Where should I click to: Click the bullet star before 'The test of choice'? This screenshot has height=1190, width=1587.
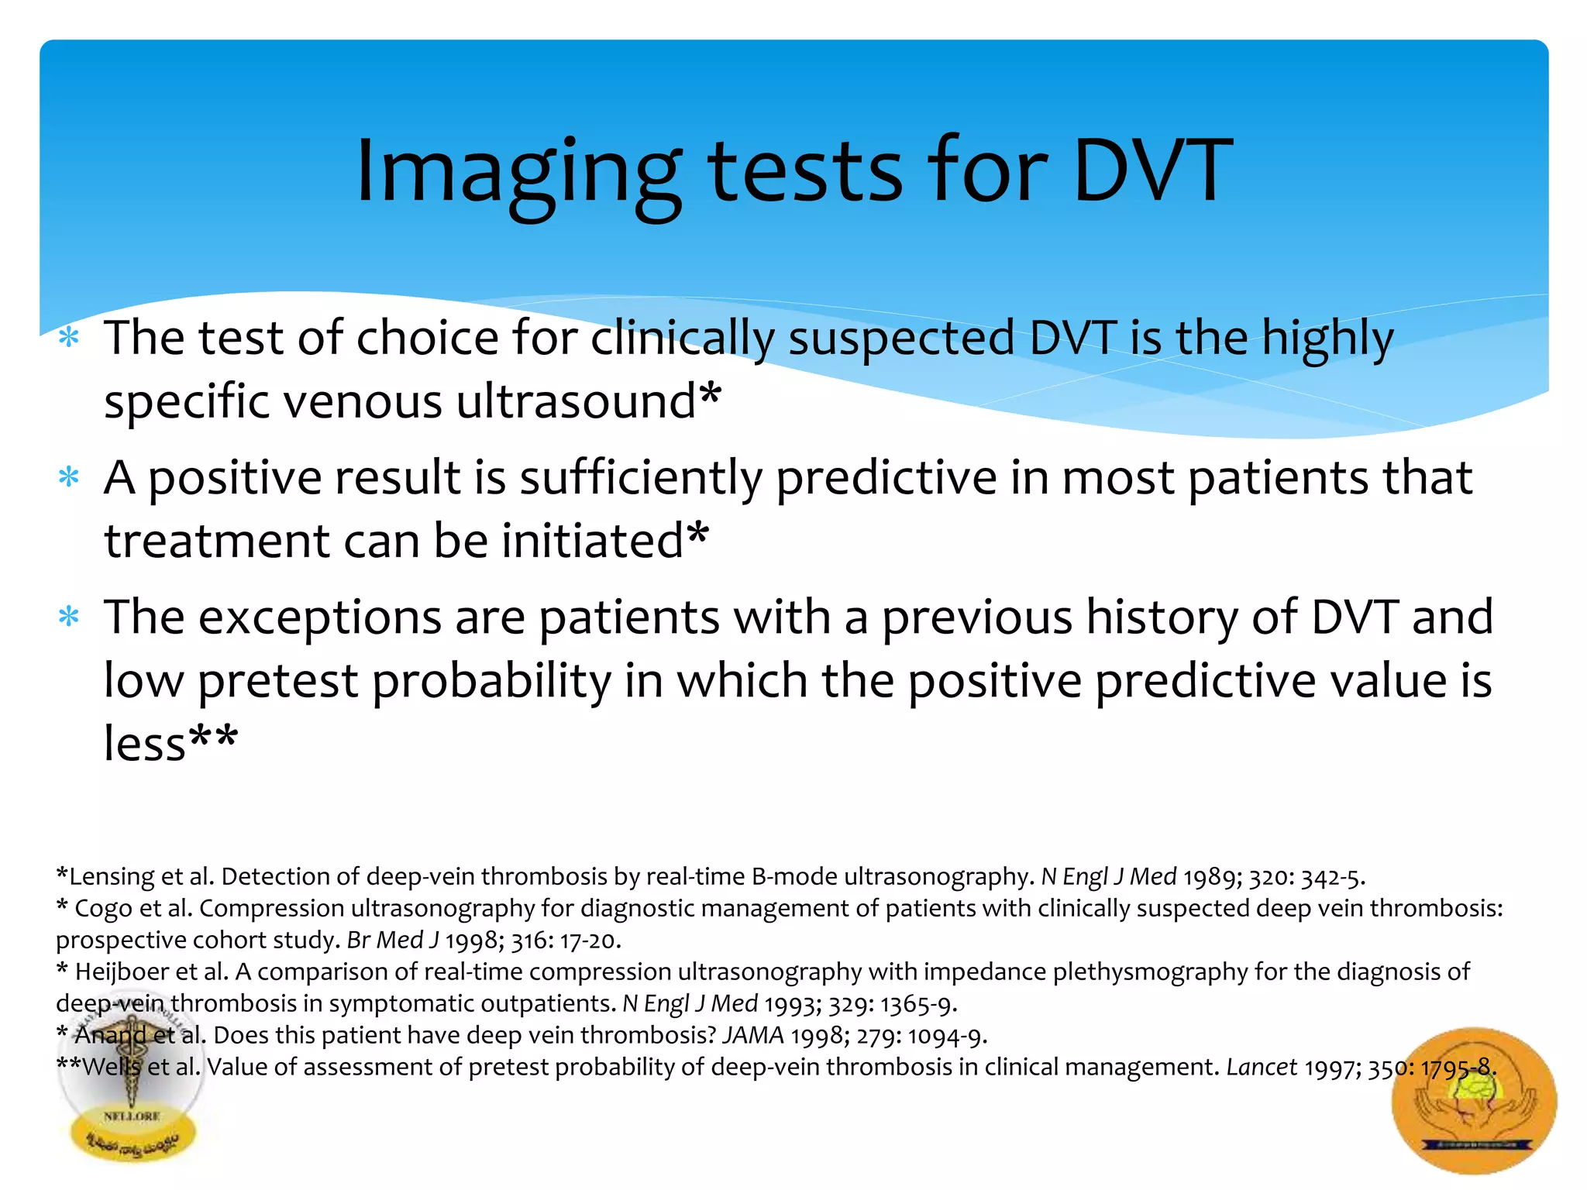(x=70, y=338)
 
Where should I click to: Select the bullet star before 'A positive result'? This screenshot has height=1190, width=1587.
(x=70, y=477)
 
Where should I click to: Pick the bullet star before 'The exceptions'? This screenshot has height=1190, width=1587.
(x=70, y=617)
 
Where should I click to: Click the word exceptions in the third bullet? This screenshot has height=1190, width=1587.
(x=321, y=617)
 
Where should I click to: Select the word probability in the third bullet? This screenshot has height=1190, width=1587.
(x=491, y=681)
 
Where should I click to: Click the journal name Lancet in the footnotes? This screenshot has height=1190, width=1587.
(x=1261, y=1067)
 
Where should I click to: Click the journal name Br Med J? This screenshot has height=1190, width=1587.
(x=392, y=940)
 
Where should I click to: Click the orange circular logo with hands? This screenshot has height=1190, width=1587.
(x=1473, y=1100)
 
